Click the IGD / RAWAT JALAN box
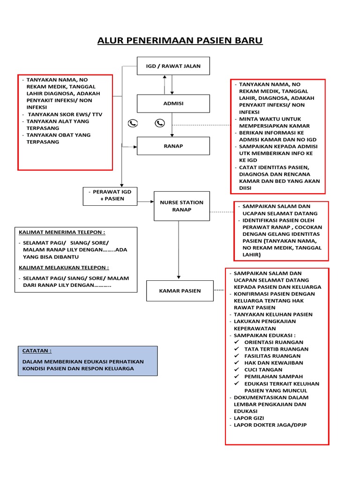pos(173,66)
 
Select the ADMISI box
pos(173,104)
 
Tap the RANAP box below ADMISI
pos(173,146)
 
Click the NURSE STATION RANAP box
pos(182,206)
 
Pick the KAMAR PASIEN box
pos(180,291)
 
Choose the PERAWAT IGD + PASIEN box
pos(110,196)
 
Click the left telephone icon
pos(133,123)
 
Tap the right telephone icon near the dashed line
pos(160,123)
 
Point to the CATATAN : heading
pos(37,351)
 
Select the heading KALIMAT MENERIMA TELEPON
pos(62,232)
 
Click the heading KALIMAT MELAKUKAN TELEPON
pos(64,268)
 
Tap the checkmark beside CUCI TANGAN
pos(237,369)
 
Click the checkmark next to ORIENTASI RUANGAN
pos(237,342)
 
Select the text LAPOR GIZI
pos(249,418)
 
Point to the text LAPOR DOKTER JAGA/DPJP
pos(270,425)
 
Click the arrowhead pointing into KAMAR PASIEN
pos(179,277)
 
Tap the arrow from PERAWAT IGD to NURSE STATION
pos(146,202)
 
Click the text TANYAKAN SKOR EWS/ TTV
pos(65,114)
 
